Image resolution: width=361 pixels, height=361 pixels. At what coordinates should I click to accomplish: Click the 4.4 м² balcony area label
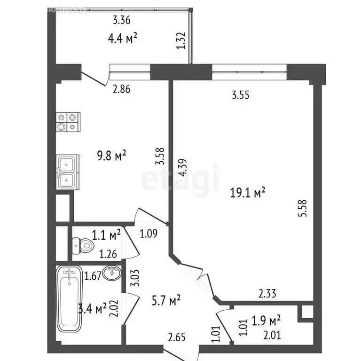point(122,38)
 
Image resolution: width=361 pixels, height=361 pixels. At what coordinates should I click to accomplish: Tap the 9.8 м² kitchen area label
point(111,156)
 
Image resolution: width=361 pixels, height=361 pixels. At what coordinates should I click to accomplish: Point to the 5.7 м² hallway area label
point(166,300)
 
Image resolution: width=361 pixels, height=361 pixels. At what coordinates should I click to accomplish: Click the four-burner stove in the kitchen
point(68,122)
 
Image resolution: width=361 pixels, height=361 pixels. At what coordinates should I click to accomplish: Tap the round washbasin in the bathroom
point(111,273)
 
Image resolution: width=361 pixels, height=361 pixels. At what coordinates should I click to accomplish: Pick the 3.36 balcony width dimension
point(122,20)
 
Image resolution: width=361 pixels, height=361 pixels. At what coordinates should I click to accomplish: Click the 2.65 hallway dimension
point(177,337)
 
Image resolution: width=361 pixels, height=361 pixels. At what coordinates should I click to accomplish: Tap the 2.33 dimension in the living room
point(267,294)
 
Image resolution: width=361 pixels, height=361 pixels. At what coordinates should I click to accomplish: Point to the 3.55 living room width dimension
point(240,95)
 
